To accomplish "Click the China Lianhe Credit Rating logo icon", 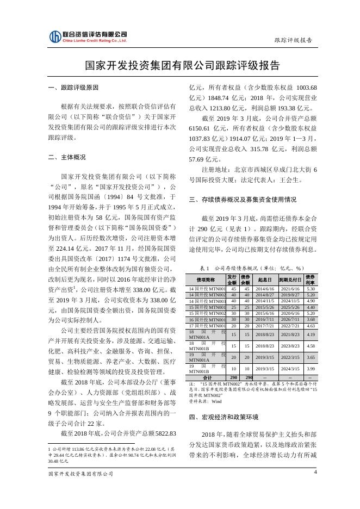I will (x=55, y=37).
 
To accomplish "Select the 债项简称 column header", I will (x=206, y=280).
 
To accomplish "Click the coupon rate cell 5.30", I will (x=311, y=288).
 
